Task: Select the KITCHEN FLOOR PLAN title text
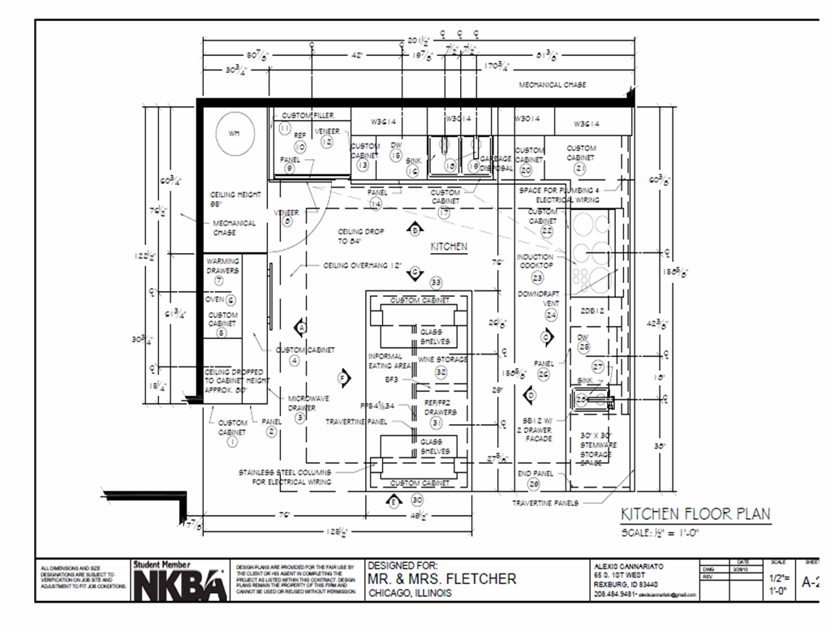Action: point(695,514)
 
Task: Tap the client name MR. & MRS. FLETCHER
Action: point(441,578)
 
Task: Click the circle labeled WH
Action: point(235,133)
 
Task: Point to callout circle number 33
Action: point(436,282)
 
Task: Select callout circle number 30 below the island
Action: point(417,500)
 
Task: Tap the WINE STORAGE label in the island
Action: point(442,359)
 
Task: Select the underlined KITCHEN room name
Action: point(448,247)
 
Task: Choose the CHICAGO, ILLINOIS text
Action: point(408,593)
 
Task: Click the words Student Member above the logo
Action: point(162,564)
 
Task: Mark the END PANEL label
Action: point(535,473)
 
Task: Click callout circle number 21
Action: point(579,168)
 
